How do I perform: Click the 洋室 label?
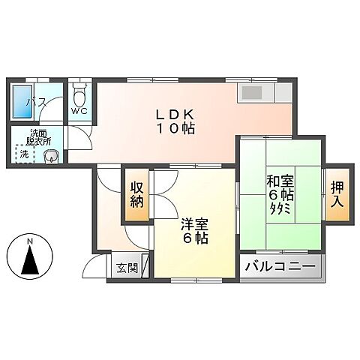(194, 223)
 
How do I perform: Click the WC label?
(79, 111)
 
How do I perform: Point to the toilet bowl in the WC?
(80, 95)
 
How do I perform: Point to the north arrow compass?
(30, 259)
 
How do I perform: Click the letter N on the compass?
(30, 241)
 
